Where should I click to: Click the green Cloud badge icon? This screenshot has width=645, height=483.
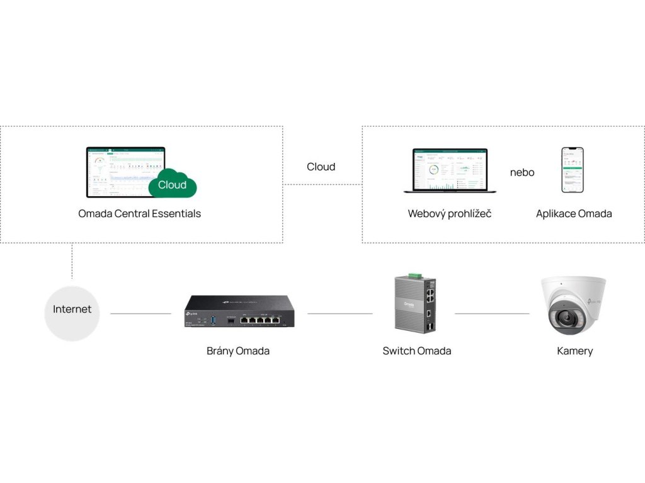point(172,184)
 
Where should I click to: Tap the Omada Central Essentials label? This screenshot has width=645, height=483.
point(139,213)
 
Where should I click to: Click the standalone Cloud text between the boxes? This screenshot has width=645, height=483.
point(321,167)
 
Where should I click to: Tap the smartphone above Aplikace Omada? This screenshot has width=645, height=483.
point(573,170)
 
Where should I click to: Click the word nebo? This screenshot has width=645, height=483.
point(522,172)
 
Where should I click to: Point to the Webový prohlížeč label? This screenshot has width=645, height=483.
point(450,213)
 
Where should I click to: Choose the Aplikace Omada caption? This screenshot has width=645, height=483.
point(574,213)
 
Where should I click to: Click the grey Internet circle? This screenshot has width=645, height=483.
point(72,309)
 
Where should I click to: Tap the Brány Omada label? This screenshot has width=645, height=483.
point(238,351)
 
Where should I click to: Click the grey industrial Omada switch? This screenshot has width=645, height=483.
point(416,305)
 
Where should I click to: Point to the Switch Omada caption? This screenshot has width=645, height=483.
point(417,351)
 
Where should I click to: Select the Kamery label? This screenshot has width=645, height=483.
point(574,351)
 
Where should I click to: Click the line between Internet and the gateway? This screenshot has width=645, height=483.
point(140,313)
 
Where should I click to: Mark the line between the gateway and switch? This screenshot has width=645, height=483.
point(340,313)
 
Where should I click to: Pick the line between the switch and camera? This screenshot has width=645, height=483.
point(492,313)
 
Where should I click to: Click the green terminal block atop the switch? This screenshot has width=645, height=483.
point(414,275)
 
